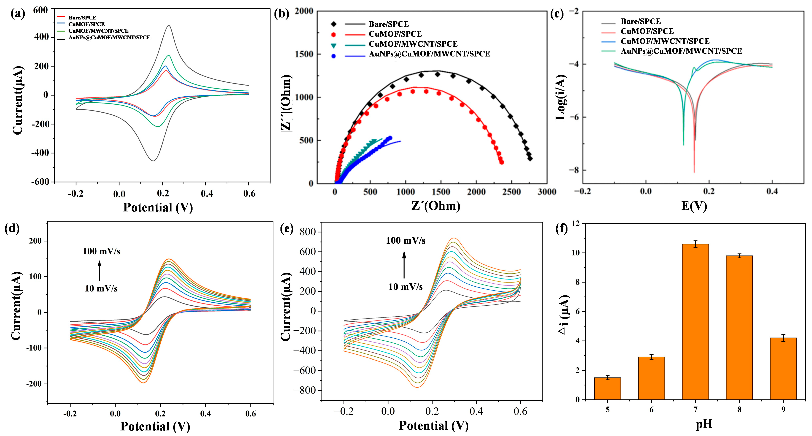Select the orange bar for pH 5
[607, 388]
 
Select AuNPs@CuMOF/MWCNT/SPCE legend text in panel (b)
[429, 54]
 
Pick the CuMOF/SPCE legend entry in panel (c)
[647, 31]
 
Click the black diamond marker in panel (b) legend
[333, 24]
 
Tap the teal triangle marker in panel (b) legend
[333, 45]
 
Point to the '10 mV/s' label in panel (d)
[101, 288]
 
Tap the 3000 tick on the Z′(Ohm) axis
[547, 192]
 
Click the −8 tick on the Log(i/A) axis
[573, 170]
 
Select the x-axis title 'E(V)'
[694, 206]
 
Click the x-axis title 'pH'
[704, 424]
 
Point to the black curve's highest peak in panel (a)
[169, 26]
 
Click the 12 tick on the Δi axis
[575, 223]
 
